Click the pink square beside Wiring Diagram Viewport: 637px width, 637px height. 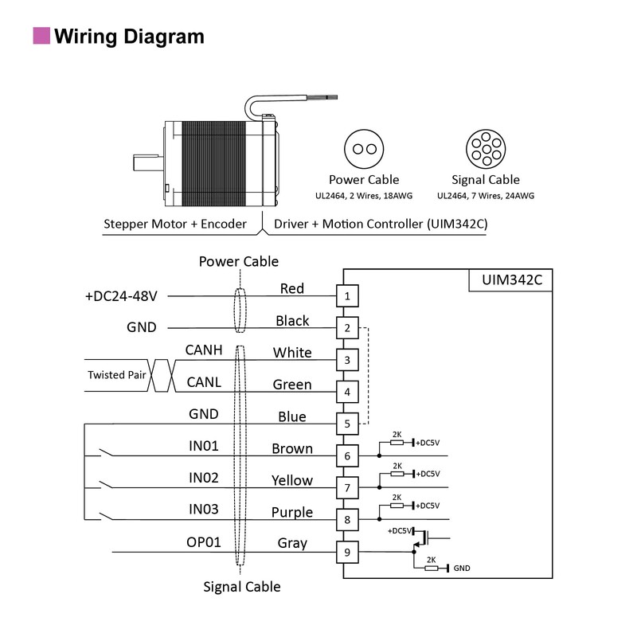coord(41,36)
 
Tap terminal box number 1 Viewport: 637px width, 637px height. coord(347,296)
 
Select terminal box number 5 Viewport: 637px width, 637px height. coord(347,424)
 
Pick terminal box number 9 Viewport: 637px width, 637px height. coord(347,551)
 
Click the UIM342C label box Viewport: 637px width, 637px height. coord(510,280)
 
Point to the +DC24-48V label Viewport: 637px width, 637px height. coord(121,296)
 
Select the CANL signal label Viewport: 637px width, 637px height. coord(203,383)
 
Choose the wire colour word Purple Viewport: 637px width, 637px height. coord(292,512)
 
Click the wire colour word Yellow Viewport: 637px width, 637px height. coord(292,480)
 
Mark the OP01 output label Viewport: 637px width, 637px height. coord(203,542)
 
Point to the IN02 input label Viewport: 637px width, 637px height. coord(203,478)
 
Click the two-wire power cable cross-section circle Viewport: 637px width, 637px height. coord(364,149)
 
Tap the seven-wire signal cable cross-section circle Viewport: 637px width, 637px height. coord(486,149)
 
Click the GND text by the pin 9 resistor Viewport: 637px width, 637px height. coord(463,568)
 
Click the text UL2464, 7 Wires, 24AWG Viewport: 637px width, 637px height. coord(486,196)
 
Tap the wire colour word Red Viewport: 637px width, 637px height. coord(292,288)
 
